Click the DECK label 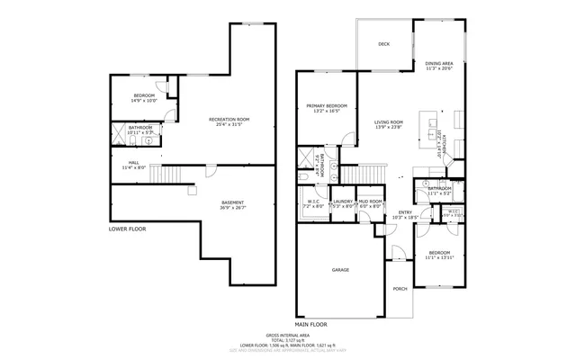383,43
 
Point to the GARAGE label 340,269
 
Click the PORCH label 400,288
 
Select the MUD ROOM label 370,202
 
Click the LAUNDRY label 343,202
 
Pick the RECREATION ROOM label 229,120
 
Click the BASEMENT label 231,203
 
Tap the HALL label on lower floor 133,163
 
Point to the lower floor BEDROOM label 145,96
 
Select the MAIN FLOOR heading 311,323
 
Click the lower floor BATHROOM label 139,128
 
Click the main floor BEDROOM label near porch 438,253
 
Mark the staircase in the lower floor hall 166,175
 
